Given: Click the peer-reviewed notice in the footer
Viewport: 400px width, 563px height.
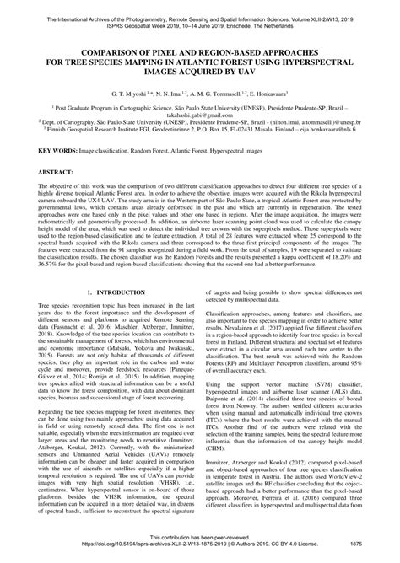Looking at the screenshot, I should [x=199, y=547].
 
